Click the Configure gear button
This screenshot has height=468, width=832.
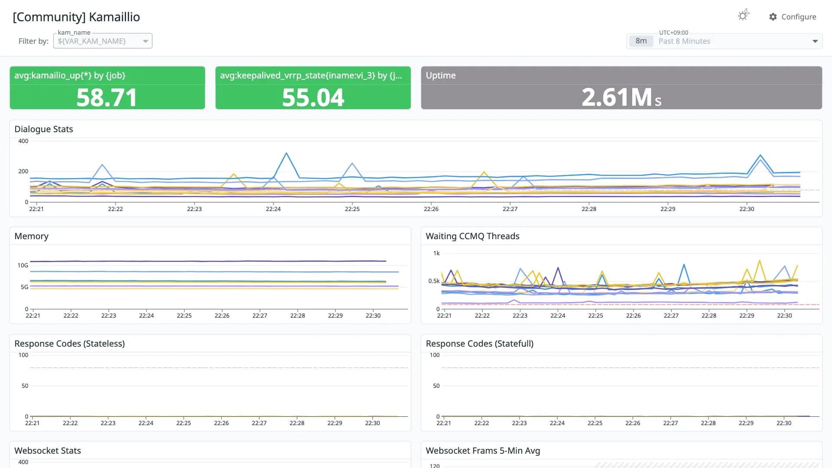pos(792,16)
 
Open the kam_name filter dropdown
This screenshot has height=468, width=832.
pos(103,41)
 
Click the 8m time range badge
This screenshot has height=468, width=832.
pos(641,41)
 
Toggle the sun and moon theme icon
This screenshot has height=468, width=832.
pos(744,15)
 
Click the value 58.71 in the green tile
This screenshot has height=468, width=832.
pos(107,97)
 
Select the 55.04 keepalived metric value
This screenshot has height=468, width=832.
pos(313,97)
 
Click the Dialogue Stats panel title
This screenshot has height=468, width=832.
pos(44,129)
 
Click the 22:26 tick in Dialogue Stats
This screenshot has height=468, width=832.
pos(431,209)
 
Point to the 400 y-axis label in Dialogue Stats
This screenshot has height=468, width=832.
pos(23,141)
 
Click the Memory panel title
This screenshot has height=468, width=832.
pos(31,236)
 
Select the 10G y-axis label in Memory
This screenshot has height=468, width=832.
pos(23,265)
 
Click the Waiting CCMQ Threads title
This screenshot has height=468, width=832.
pos(472,236)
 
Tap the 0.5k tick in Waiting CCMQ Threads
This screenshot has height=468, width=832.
pos(434,281)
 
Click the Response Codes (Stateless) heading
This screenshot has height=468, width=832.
pos(69,344)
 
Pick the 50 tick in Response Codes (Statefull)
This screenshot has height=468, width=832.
pos(436,386)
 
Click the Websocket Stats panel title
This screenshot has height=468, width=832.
pos(48,451)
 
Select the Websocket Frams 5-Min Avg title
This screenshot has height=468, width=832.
pos(483,451)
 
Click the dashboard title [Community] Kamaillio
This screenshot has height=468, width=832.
pos(76,17)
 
